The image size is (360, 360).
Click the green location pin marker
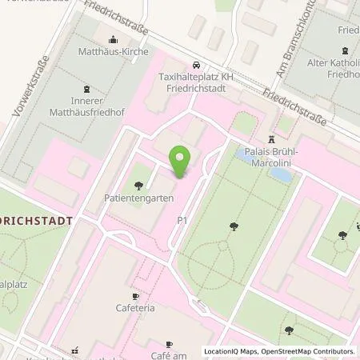coord(180,162)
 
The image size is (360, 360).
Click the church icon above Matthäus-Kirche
coord(113,40)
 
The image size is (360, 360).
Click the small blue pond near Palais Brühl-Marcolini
coord(281,171)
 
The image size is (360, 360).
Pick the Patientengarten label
coord(128,195)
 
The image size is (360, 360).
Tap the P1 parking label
coord(182,218)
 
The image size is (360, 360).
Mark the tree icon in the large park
coord(234,227)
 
